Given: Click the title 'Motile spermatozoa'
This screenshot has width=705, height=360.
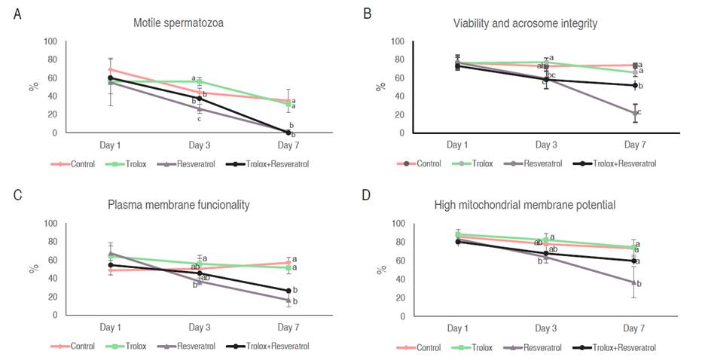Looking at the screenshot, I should pos(179,23).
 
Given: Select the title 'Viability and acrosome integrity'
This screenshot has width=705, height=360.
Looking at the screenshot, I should pos(525,23).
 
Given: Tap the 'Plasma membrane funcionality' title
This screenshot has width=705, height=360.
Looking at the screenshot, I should pos(179,204).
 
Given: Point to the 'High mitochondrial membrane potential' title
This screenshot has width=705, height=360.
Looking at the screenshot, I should pos(525,204).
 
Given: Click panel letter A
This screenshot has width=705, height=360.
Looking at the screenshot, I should pos(17,14).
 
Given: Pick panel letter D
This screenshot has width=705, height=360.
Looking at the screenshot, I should pos(367,196).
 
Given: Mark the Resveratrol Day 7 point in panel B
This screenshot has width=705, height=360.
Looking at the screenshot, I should pos(635,113).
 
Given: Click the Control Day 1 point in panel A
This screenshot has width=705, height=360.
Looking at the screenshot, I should pos(111,69).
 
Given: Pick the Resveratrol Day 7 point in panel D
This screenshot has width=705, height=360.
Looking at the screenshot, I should pos(635,282).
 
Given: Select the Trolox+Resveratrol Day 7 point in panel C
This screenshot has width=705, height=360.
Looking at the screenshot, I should pos(288,291).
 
